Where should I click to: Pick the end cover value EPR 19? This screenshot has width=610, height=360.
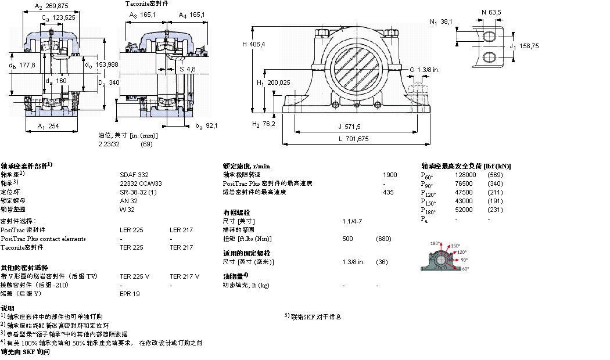pyautogui.click(x=129, y=294)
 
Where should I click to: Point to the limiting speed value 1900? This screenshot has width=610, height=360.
pyautogui.click(x=390, y=174)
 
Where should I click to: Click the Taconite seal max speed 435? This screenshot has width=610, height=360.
pyautogui.click(x=389, y=192)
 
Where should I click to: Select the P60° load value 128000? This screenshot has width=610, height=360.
pyautogui.click(x=466, y=174)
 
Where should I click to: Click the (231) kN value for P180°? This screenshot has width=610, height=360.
pyautogui.click(x=496, y=210)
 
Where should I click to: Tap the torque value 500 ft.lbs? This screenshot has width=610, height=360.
pyautogui.click(x=347, y=239)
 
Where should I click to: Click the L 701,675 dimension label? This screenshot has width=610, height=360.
pyautogui.click(x=354, y=139)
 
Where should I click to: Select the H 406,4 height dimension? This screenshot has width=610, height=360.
pyautogui.click(x=253, y=44)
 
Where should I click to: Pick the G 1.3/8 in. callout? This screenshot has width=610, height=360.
pyautogui.click(x=424, y=70)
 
